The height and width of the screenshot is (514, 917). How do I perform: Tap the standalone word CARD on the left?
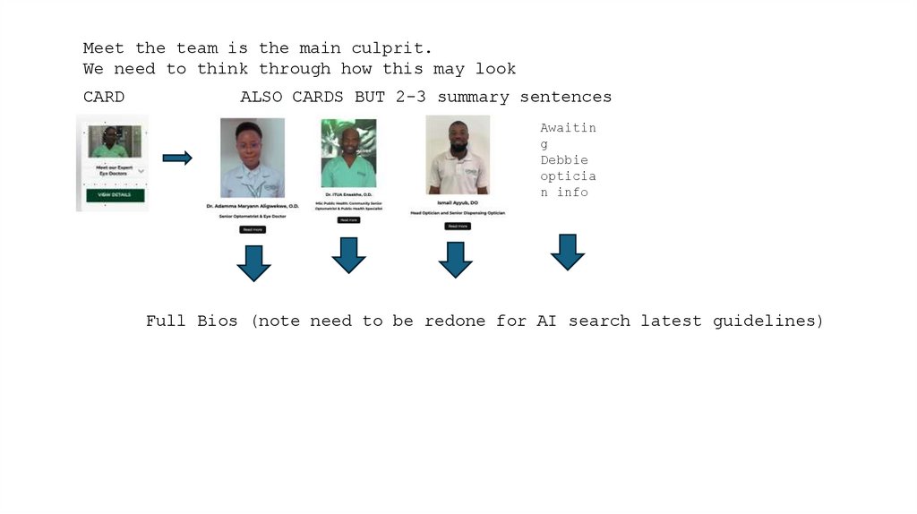click(104, 97)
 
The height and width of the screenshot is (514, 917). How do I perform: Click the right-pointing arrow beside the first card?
click(177, 158)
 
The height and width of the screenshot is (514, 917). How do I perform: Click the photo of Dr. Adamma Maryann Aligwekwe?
click(253, 158)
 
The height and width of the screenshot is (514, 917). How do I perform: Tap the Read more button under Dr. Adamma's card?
click(253, 229)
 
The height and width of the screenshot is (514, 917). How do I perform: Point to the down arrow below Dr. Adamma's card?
click(253, 262)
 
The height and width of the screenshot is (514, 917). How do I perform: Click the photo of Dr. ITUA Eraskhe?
click(348, 154)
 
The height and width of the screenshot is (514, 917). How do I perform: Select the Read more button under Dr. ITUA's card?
click(348, 219)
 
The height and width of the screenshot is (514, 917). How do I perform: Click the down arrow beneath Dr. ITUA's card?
click(348, 255)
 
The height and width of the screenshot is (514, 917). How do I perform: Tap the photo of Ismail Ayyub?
click(458, 154)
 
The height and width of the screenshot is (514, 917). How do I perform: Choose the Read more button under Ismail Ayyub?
click(457, 226)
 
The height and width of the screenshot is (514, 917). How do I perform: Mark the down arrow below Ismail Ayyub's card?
click(455, 259)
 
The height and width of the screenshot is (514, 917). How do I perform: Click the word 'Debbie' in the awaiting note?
click(564, 160)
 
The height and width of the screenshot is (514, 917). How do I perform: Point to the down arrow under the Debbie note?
click(567, 253)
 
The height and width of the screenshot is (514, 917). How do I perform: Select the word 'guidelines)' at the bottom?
click(767, 321)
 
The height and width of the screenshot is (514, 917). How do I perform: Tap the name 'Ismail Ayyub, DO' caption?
click(457, 203)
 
